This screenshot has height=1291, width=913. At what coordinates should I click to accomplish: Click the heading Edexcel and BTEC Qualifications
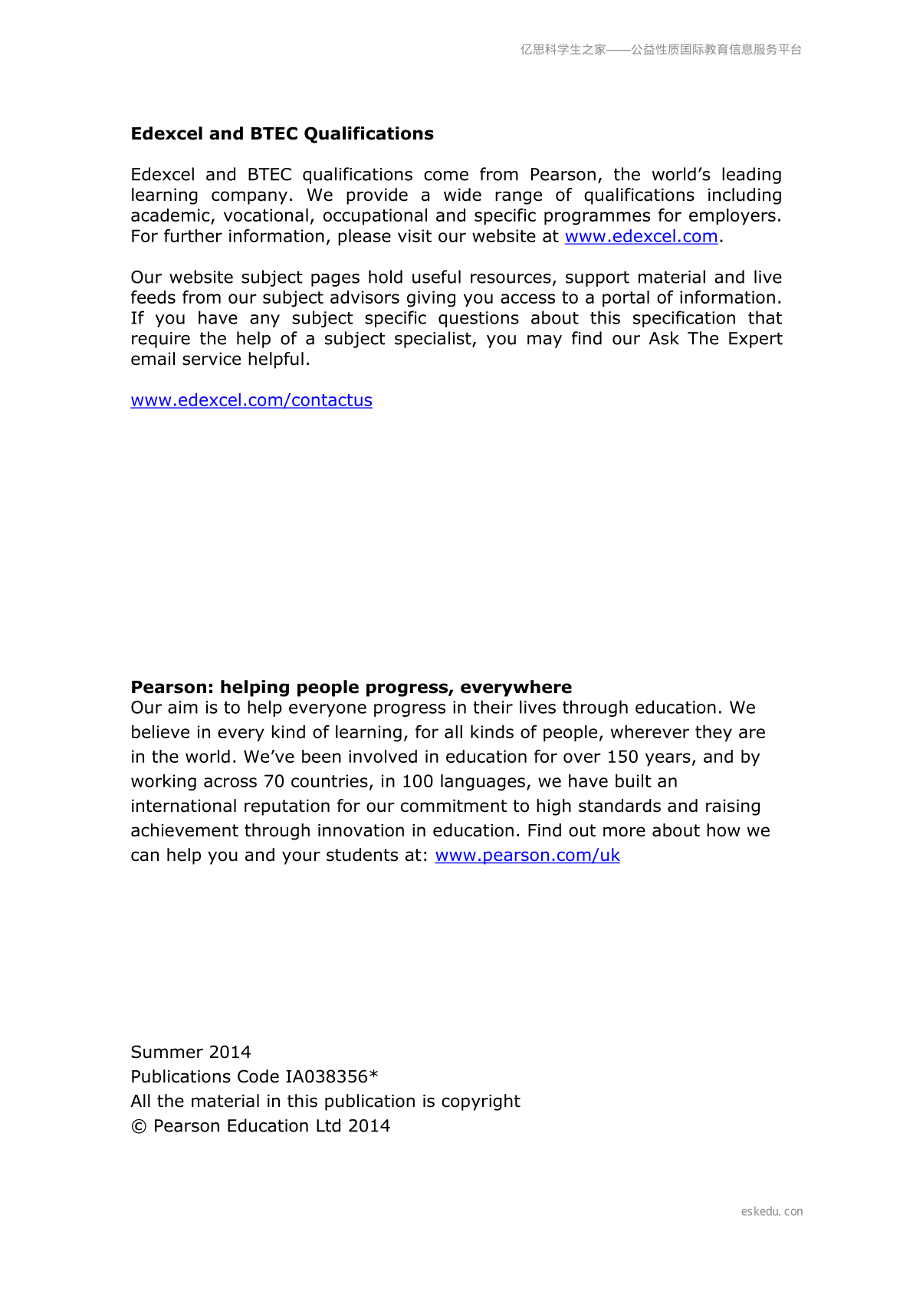coord(282,134)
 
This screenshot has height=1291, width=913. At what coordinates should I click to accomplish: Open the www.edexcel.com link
coord(641,237)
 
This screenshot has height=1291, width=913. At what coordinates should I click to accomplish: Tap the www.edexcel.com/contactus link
coord(251,400)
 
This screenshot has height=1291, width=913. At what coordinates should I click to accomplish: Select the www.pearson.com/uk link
coord(527,856)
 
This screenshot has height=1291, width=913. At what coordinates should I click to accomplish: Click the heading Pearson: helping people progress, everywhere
coord(351,688)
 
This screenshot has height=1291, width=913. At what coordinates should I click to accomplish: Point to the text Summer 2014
coord(191,1053)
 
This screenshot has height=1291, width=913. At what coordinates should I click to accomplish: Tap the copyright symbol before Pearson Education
coord(139,1127)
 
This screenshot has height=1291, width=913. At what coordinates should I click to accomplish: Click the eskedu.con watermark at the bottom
coord(772,1212)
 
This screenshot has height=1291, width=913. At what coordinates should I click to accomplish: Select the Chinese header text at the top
coord(661,50)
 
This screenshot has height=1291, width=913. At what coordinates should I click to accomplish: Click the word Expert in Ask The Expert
coord(755,340)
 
